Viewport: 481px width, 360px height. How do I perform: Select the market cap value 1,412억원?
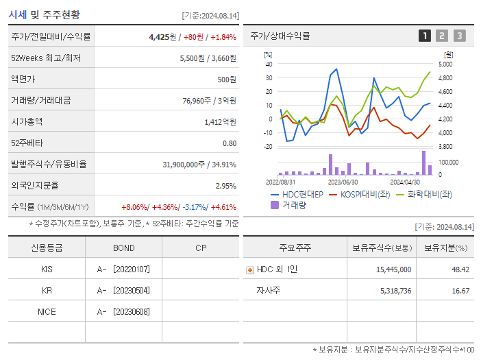coord(220,122)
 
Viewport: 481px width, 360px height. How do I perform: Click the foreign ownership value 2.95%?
coord(225,186)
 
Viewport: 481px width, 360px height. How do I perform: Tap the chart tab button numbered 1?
coord(425,36)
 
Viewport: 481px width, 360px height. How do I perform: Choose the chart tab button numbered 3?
coord(459,36)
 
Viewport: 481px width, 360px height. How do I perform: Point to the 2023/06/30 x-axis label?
coord(343,182)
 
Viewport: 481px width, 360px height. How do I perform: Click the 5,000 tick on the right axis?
coord(445,64)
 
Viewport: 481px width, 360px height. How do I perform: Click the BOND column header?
coord(124,248)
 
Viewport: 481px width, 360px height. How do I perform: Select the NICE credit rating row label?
coord(47,312)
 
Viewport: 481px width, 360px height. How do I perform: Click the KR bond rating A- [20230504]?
coord(123,291)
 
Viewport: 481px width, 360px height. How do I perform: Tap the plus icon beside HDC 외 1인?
coord(250,270)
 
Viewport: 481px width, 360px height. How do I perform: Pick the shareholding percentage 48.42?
coord(460,270)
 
